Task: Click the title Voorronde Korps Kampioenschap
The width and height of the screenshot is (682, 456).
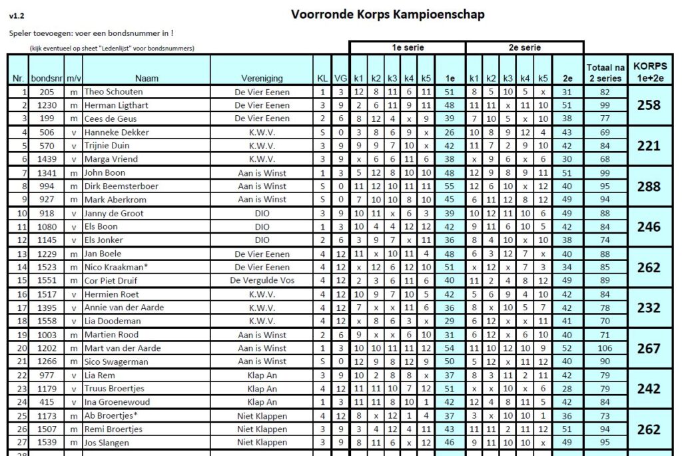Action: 388,14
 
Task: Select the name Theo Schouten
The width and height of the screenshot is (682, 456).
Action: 113,92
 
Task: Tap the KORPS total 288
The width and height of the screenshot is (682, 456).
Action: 649,186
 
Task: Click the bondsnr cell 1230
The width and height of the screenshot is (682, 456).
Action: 47,105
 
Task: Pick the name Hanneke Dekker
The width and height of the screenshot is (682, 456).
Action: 117,132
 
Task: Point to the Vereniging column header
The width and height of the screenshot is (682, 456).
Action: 262,79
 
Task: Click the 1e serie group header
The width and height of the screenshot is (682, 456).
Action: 408,48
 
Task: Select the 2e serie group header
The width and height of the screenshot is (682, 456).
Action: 524,48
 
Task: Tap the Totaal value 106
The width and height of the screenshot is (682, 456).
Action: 604,348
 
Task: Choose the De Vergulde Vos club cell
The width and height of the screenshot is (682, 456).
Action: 262,281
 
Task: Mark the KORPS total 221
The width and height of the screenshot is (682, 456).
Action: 649,146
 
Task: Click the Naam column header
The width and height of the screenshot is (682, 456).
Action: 146,79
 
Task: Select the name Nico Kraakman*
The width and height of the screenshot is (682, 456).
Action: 117,268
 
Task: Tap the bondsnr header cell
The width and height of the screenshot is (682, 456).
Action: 47,79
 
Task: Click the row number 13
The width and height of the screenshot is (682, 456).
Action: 23,254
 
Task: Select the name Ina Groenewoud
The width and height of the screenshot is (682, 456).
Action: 117,402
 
